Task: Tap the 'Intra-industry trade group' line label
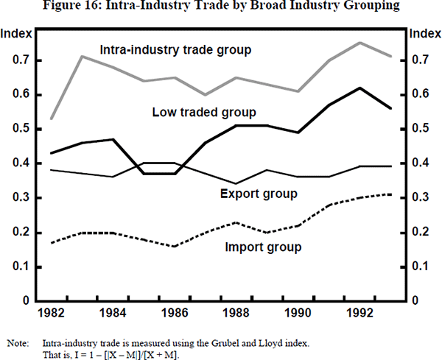tap(176, 50)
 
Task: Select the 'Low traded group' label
tap(204, 112)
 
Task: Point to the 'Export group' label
tap(259, 194)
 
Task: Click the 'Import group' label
tap(263, 247)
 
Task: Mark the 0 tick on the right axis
tap(415, 301)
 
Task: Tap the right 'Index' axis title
tap(424, 34)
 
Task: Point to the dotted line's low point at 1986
tap(175, 246)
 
